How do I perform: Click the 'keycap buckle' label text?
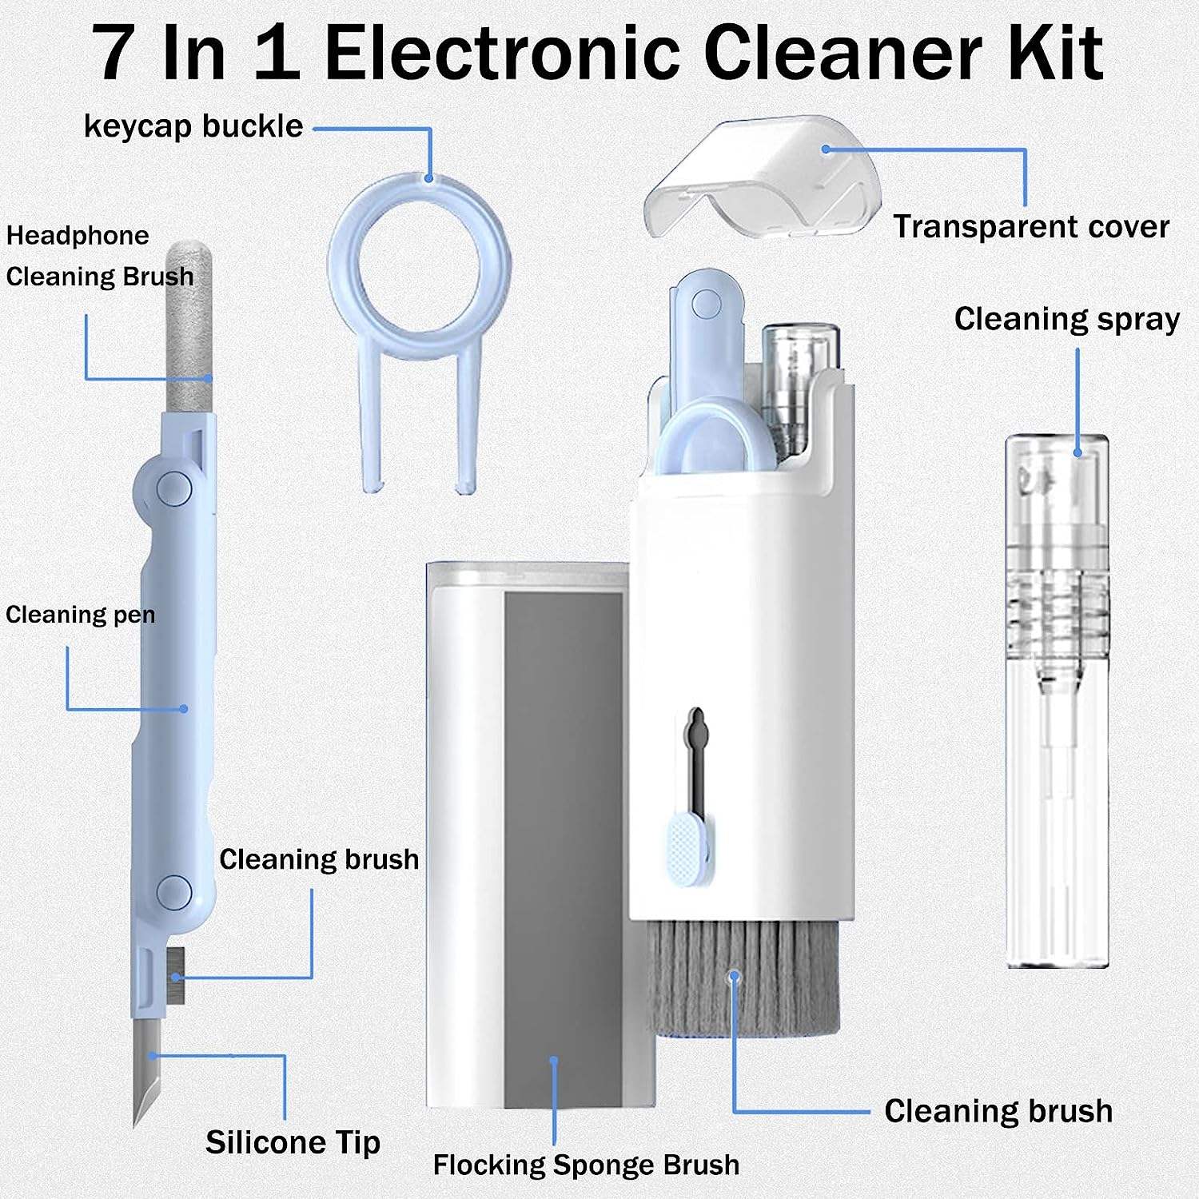pos(193,126)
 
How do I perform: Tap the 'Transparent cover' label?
pos(1031,227)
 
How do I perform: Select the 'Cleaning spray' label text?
pos(1066,319)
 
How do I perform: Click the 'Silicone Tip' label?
pos(293,1141)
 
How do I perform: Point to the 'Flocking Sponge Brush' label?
pos(586,1165)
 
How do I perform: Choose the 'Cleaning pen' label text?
pos(80,615)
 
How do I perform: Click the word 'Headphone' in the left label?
pos(78,236)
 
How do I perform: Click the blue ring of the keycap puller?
pos(419,264)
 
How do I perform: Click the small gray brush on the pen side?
pos(177,975)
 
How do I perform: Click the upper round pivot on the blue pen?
pos(173,488)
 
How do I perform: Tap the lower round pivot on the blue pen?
pos(173,891)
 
